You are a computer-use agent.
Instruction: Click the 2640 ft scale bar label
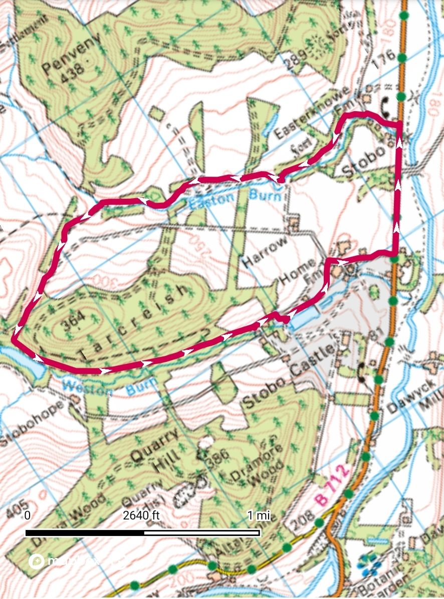(141, 515)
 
